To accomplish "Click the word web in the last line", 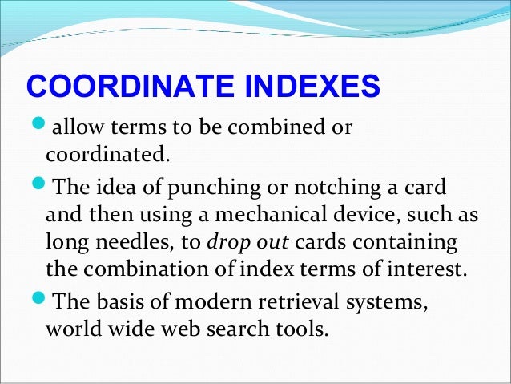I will pos(175,329).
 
